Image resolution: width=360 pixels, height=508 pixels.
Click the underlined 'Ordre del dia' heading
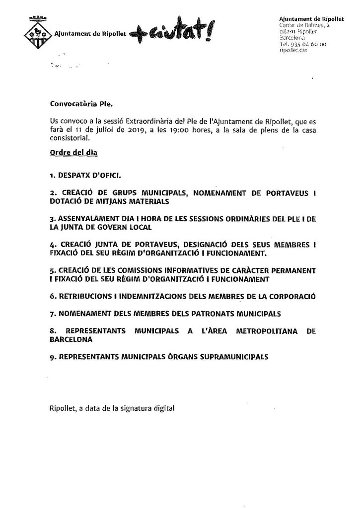click(73, 153)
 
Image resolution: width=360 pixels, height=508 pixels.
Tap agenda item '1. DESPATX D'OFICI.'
click(85, 176)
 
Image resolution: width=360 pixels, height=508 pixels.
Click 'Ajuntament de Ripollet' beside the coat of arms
click(90, 34)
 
